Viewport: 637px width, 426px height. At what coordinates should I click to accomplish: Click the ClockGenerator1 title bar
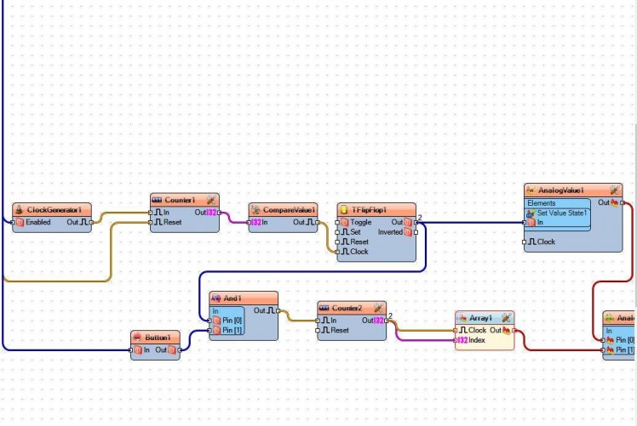click(x=53, y=209)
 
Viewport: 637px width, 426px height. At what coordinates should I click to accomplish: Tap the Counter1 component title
click(x=180, y=199)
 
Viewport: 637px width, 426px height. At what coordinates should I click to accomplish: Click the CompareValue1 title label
click(x=289, y=209)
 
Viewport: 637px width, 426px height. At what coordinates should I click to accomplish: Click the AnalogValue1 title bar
click(x=565, y=190)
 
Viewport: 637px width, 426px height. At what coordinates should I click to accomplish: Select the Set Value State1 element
click(x=562, y=213)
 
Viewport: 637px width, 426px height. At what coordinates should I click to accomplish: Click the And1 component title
click(x=232, y=298)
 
